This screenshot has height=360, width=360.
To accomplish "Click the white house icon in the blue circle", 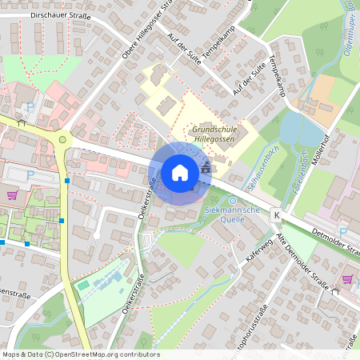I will [180, 173].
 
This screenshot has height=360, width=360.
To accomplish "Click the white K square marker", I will [276, 215].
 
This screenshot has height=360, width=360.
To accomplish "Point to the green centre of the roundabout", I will [63, 142].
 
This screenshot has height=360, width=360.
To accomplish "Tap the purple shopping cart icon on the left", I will [12, 194].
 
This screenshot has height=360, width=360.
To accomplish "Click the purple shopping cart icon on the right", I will [347, 279].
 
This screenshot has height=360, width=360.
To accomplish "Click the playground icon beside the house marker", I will [207, 169].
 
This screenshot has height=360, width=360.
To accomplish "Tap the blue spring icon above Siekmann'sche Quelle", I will [233, 201].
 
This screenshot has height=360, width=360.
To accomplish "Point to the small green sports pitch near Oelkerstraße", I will [82, 286].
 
